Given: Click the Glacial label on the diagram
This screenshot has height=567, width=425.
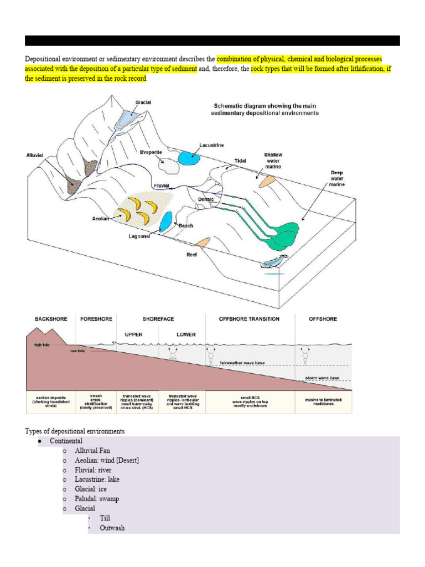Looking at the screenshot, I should tap(143, 102).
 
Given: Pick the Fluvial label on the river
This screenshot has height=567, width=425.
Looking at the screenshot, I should tap(162, 186).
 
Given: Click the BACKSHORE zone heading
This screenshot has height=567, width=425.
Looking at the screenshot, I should tap(51, 319).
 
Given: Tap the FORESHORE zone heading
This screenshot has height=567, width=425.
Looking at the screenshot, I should tap(96, 319).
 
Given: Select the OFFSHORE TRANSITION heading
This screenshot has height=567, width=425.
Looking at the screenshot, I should tap(250, 319).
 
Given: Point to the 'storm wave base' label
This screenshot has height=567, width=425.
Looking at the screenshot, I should tap(323, 378).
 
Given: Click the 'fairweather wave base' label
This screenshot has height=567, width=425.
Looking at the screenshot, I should tap(243, 363).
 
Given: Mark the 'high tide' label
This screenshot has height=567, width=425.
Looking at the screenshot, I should tap(42, 344).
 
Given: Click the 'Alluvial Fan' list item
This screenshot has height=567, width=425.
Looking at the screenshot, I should tap(92, 451).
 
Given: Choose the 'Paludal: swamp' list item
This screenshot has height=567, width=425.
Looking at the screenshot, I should tap(97, 499).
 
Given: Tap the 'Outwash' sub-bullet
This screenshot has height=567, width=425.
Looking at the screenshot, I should tap(112, 528).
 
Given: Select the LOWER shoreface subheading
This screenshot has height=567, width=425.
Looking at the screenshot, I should tap(186, 334).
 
